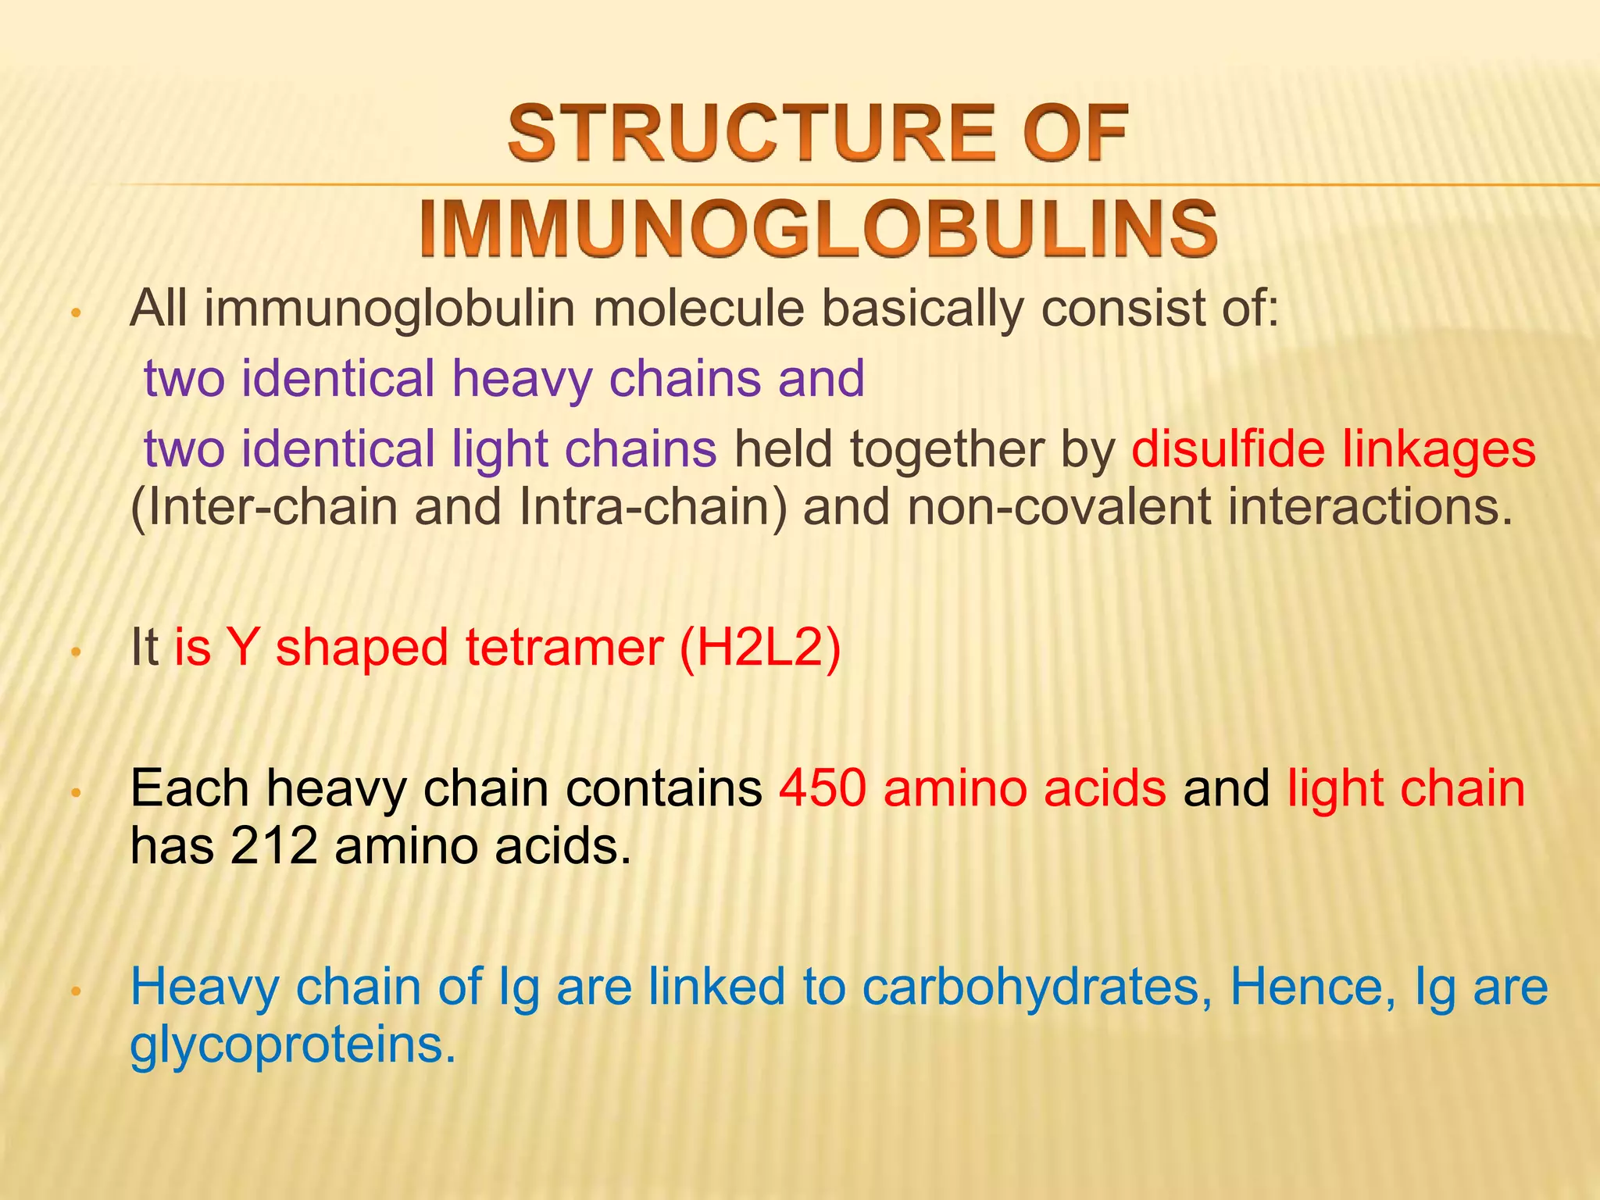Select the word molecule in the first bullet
tap(698, 309)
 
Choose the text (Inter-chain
tap(264, 507)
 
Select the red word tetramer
tap(564, 648)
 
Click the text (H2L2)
tap(760, 648)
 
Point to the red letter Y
tap(242, 648)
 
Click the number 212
tap(273, 845)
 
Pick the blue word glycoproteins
tap(292, 1045)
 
